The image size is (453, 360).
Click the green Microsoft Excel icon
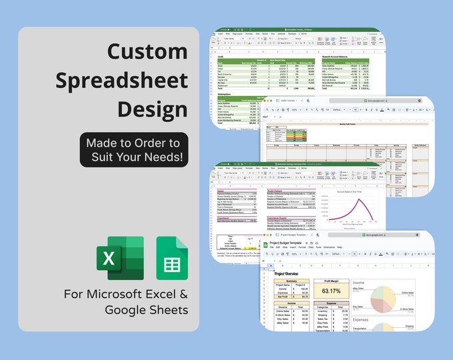click(x=120, y=258)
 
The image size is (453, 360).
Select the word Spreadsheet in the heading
click(x=122, y=80)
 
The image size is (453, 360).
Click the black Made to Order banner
click(x=134, y=150)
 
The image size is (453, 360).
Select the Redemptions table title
click(x=230, y=95)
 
